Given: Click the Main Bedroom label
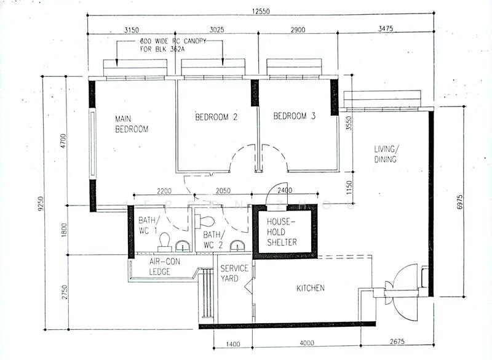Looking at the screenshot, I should click(x=132, y=123).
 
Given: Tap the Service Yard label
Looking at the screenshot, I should click(x=234, y=274).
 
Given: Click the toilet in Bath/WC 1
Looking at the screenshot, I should click(x=164, y=247).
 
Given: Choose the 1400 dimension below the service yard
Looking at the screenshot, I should click(x=234, y=343).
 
